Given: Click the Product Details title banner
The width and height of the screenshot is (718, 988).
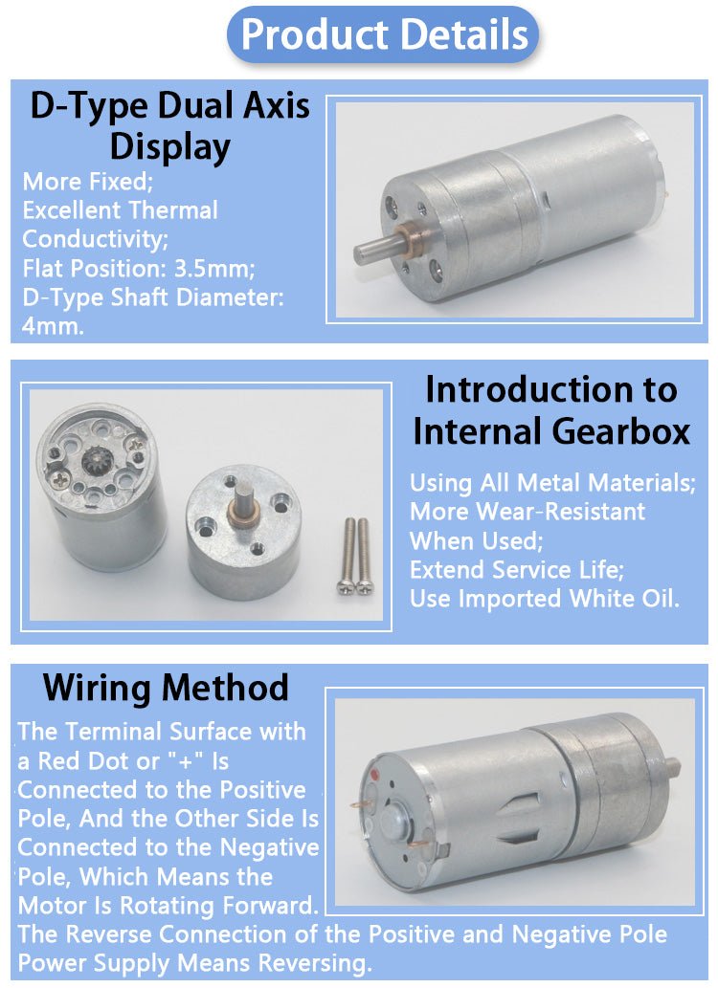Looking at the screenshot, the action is click(383, 34).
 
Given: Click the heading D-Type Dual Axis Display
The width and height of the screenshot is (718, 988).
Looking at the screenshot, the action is click(169, 125).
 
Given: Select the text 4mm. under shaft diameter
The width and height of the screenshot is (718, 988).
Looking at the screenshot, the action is click(53, 326).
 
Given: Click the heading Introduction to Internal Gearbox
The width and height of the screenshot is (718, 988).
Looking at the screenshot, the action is click(551, 411).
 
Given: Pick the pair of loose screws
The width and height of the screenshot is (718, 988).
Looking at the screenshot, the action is click(355, 556).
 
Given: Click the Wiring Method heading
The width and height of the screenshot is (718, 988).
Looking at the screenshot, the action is click(166, 688).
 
